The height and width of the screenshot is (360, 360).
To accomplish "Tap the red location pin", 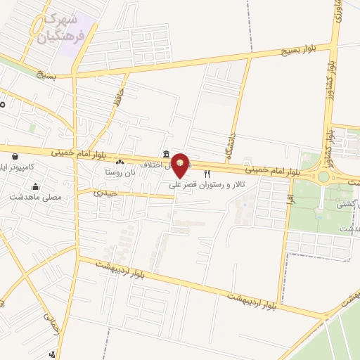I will (180, 166).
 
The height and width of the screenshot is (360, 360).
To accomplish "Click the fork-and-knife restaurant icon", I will (207, 174).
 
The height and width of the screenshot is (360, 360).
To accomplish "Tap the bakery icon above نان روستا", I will (119, 162).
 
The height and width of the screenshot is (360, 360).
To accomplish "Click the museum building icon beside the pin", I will (165, 154).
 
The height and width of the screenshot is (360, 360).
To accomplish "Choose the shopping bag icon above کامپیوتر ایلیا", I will (15, 156).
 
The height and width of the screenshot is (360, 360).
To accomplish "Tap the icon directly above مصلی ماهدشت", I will (36, 187).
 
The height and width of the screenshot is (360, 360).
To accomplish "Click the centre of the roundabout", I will (323, 176).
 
